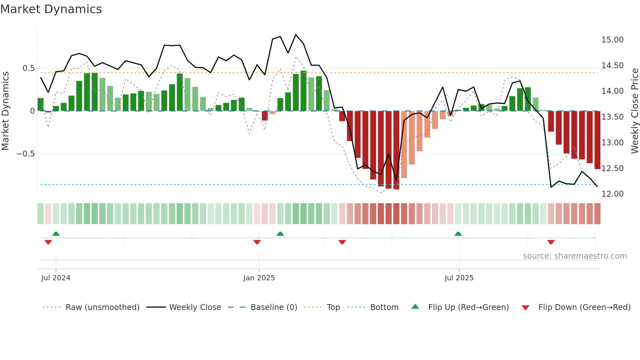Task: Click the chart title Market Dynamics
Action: click(51, 9)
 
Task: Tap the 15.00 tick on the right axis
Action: click(612, 40)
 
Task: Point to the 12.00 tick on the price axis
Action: click(612, 194)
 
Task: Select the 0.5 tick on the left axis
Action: click(28, 68)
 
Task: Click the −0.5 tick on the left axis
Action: click(25, 154)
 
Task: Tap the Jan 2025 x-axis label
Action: click(259, 278)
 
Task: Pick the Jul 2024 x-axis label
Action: click(56, 278)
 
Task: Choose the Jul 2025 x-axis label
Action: click(459, 278)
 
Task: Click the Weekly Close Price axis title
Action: click(634, 111)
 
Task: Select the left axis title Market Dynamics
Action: click(5, 111)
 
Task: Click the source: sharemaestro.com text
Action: click(575, 256)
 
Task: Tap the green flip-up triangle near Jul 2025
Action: click(458, 234)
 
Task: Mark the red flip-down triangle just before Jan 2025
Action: click(257, 242)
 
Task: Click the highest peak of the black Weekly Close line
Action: click(296, 35)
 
